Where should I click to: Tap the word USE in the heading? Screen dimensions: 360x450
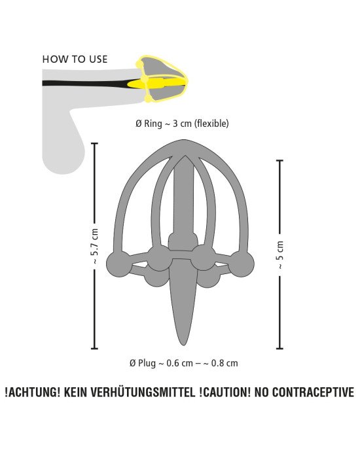tap(98, 60)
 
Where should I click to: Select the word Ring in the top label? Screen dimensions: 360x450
tap(153, 124)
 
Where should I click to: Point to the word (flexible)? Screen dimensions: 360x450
tap(212, 124)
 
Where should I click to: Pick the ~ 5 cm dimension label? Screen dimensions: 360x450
tap(279, 254)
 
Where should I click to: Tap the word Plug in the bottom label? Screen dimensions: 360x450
tap(147, 363)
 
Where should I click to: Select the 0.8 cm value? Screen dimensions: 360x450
tap(225, 363)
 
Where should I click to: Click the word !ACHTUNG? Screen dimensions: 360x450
tap(33, 392)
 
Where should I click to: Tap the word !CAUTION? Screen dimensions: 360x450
tap(225, 392)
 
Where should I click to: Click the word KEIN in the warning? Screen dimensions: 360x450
tap(76, 392)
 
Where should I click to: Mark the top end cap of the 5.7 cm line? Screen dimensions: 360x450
tap(94, 143)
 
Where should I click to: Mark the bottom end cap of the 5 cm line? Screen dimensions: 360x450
tap(279, 349)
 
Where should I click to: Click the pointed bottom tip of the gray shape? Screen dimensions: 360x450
tap(183, 345)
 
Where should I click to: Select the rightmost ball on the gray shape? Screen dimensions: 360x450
tap(242, 264)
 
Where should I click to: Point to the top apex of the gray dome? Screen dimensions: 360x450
tap(183, 141)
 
